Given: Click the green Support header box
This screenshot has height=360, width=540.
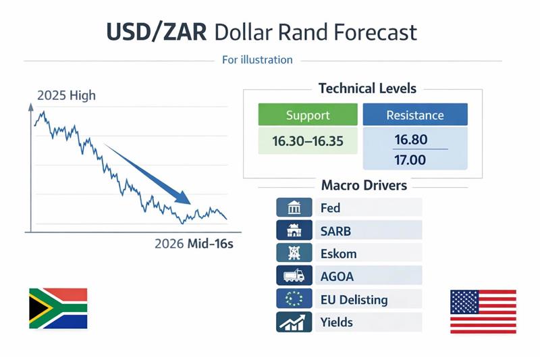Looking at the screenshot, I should click(308, 115).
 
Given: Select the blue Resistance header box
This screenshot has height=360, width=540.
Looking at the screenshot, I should click(414, 115).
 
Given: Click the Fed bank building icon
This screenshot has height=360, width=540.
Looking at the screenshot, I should click(294, 207).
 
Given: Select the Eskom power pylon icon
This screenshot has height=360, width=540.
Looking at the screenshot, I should click(294, 253).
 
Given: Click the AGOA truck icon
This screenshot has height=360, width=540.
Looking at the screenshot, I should click(294, 276).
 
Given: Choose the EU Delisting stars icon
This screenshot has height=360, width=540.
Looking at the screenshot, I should click(294, 299).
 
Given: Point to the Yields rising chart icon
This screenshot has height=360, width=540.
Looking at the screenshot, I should click(294, 322).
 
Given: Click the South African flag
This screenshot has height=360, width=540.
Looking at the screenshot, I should click(58, 308).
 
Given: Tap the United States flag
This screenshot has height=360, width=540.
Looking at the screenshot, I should click(483, 311).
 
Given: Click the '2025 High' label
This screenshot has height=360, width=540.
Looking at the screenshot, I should click(66, 95).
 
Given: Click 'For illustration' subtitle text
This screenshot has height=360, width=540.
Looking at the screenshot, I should click(257, 60).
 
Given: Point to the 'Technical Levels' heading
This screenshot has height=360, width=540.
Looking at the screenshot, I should click(367, 88).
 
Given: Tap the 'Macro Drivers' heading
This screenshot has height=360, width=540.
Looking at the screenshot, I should click(364, 184).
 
